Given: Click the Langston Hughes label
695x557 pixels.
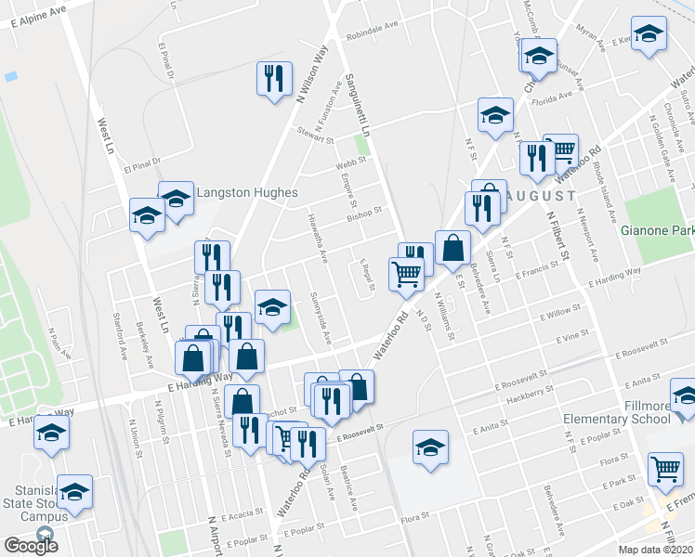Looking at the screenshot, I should click(x=246, y=193).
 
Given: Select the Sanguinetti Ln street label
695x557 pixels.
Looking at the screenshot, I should click(x=357, y=102).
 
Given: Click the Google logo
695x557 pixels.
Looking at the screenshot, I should click(x=31, y=545).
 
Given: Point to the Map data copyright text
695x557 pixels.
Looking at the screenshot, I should click(x=657, y=551).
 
